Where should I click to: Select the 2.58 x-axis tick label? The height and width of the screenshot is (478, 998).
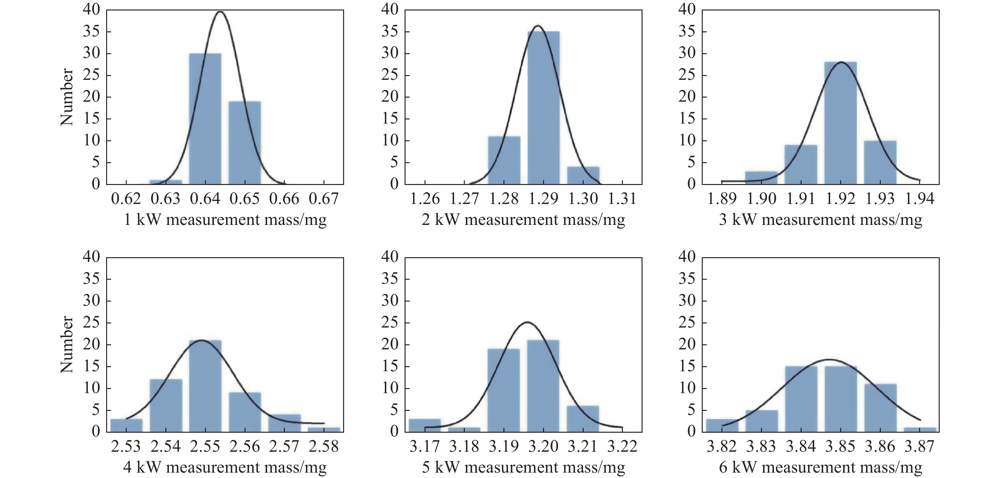(324, 447)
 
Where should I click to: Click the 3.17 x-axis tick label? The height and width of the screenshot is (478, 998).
(425, 447)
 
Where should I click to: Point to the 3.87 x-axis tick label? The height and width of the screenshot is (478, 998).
(920, 447)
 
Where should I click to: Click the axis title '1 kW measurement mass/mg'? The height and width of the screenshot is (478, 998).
(225, 220)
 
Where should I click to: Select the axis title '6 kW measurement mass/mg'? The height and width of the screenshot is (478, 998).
(821, 468)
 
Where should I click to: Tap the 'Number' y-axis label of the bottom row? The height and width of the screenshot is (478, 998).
(67, 344)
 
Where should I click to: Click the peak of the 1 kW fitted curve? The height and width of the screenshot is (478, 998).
(220, 12)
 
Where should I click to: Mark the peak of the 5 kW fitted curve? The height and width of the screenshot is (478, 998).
(527, 322)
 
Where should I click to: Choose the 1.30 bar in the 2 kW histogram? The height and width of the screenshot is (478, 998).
(583, 175)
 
